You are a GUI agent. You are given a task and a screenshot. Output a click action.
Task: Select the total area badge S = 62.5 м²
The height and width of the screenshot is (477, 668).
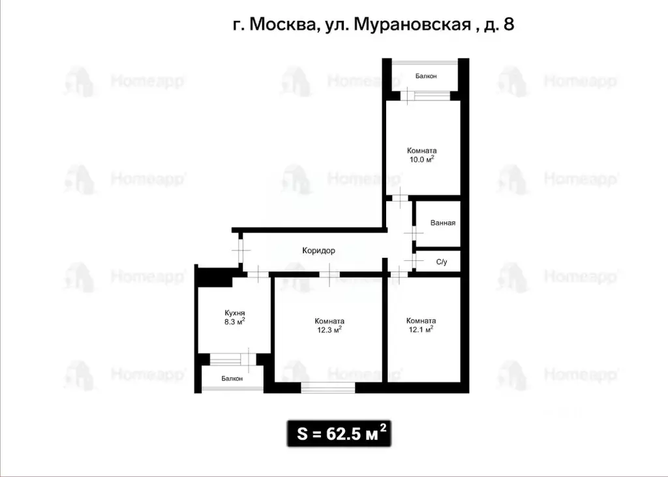[339, 433]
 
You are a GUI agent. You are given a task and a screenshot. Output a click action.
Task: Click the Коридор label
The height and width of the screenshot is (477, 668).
[318, 250]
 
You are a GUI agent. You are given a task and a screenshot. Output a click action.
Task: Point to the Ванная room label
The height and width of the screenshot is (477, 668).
[442, 223]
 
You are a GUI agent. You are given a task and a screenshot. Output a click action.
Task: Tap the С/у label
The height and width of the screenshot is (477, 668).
[442, 262]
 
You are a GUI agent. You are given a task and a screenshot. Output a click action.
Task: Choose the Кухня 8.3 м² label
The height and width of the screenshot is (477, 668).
[234, 317]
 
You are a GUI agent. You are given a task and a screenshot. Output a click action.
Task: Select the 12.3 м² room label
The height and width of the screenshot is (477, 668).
[329, 325]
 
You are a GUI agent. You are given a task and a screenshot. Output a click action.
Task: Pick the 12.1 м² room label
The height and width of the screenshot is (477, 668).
[421, 325]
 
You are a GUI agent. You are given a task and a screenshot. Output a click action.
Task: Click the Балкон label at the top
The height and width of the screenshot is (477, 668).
[426, 76]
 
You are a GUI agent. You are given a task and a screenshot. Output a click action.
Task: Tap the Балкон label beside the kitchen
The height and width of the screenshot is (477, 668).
[232, 378]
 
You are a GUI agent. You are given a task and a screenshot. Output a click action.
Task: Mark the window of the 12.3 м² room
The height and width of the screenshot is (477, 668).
[328, 389]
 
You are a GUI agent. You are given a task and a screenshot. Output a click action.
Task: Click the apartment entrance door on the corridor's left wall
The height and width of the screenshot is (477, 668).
[241, 250]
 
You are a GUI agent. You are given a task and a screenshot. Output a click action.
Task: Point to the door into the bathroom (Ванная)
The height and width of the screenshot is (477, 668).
[413, 233]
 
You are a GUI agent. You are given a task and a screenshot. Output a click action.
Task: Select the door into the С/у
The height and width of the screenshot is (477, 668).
[413, 261]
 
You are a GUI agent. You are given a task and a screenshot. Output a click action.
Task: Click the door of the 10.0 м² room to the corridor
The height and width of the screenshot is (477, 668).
[399, 197]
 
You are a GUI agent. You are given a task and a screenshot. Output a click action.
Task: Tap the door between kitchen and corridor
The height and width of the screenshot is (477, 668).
[258, 274]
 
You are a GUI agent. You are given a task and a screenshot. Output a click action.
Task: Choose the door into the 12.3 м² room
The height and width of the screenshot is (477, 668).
[329, 274]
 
